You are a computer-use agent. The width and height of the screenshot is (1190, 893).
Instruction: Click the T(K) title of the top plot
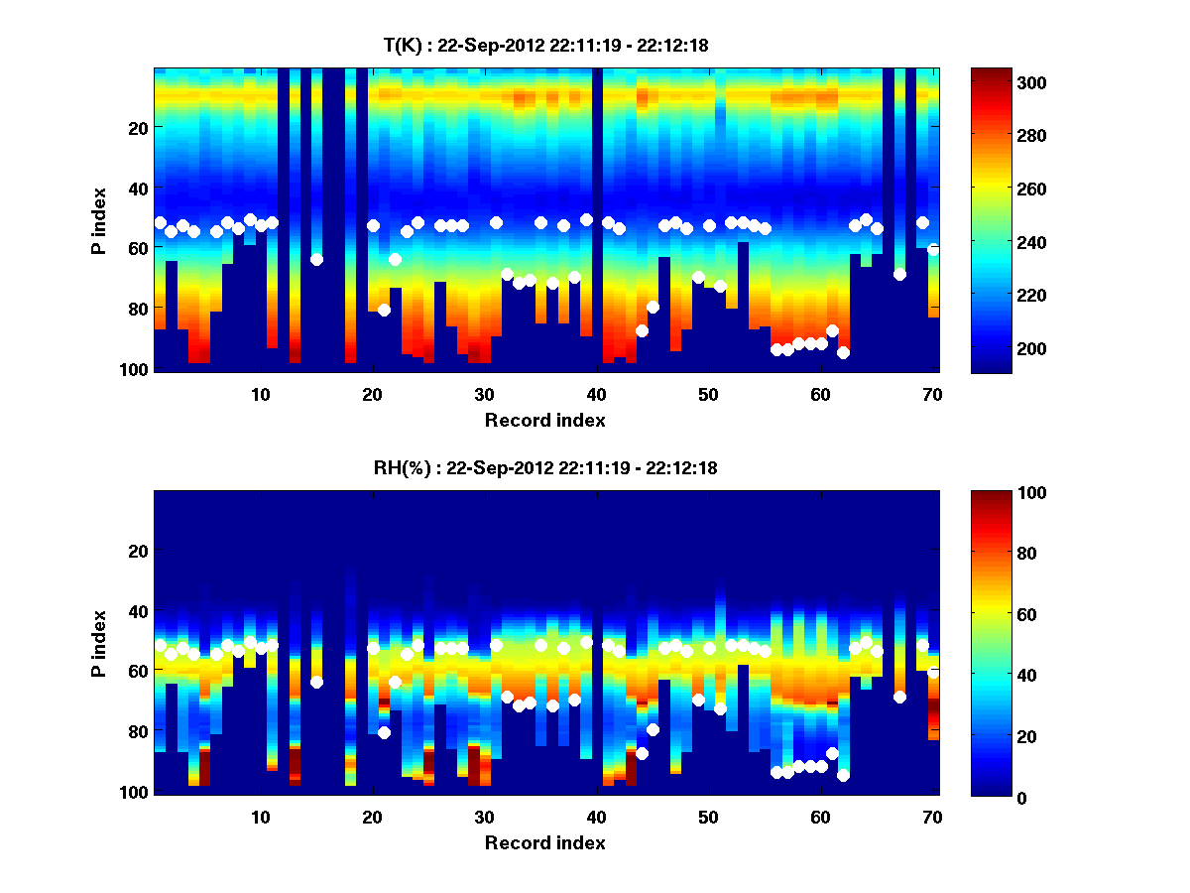click(x=544, y=45)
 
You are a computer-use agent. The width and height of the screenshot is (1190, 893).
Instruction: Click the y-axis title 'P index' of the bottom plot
click(x=98, y=643)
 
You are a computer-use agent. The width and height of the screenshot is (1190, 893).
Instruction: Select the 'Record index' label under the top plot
click(x=544, y=420)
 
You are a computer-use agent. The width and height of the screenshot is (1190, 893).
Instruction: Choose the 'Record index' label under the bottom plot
click(x=544, y=842)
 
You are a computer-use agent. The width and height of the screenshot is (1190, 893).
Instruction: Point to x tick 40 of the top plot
click(x=597, y=394)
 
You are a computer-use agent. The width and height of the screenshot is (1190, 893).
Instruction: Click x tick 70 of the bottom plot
click(x=933, y=817)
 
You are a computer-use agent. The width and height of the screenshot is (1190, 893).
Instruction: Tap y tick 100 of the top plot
click(x=136, y=369)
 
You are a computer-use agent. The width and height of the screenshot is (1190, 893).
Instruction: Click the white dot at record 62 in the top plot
click(x=843, y=352)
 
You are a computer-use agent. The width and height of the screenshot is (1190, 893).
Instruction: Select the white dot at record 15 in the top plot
click(x=316, y=260)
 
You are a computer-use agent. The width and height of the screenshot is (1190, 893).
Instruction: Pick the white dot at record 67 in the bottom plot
click(x=899, y=697)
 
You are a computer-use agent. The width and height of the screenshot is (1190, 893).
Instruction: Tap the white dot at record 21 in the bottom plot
click(x=384, y=732)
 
